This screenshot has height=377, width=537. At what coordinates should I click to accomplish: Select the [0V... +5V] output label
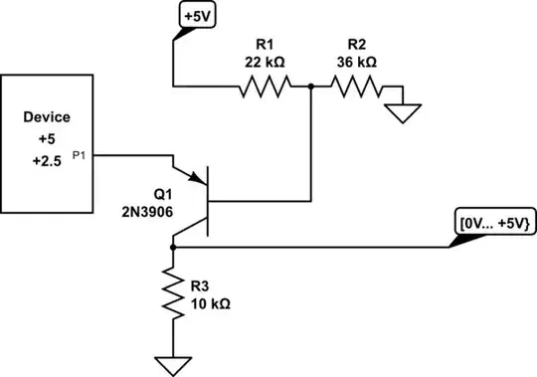tap(493, 220)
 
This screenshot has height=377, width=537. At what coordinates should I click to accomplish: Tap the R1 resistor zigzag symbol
tap(264, 89)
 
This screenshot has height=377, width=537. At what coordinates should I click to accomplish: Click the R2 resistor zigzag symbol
tap(354, 89)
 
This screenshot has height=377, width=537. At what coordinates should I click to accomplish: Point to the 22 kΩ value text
tap(264, 62)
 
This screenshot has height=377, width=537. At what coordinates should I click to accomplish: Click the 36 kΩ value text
tap(354, 62)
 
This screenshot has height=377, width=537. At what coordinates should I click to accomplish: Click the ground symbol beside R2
tap(402, 111)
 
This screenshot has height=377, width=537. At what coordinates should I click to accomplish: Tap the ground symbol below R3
tap(174, 362)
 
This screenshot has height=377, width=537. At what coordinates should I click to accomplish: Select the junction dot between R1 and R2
tap(311, 89)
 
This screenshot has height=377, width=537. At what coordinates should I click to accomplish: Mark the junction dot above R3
tap(174, 245)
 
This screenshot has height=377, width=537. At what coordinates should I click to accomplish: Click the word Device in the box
tap(47, 117)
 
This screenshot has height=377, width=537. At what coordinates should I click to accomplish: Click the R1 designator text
tap(264, 46)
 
